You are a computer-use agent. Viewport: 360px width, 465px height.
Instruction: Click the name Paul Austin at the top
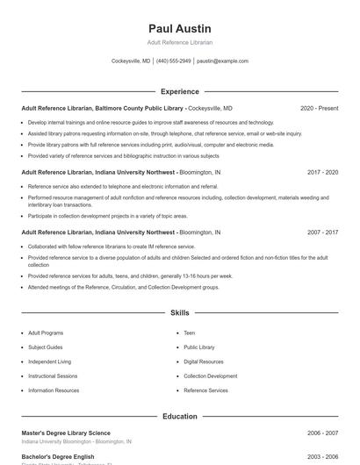pyautogui.click(x=180, y=28)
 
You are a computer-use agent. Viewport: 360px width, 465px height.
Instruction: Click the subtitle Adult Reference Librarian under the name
pyautogui.click(x=180, y=42)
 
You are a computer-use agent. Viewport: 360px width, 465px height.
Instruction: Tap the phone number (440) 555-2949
pyautogui.click(x=174, y=61)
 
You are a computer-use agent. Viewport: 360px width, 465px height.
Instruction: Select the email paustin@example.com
pyautogui.click(x=222, y=61)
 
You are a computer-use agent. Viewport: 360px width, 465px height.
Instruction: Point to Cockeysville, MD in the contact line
pyautogui.click(x=131, y=61)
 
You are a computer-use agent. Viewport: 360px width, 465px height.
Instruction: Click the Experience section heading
pyautogui.click(x=180, y=91)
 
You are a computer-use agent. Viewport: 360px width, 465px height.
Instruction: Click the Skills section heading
pyautogui.click(x=180, y=312)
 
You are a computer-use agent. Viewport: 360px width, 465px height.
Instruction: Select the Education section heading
pyautogui.click(x=180, y=417)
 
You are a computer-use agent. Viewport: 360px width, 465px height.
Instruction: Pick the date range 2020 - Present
pyautogui.click(x=319, y=109)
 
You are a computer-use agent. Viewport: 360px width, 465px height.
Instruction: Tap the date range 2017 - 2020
pyautogui.click(x=322, y=173)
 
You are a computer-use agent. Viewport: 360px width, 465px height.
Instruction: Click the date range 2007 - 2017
pyautogui.click(x=322, y=232)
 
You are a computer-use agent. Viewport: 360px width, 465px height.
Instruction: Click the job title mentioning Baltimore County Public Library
pyautogui.click(x=102, y=109)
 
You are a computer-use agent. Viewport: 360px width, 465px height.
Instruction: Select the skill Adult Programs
pyautogui.click(x=46, y=333)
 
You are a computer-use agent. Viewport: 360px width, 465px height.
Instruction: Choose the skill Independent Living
pyautogui.click(x=49, y=361)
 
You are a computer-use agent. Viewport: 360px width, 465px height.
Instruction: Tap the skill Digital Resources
pyautogui.click(x=203, y=361)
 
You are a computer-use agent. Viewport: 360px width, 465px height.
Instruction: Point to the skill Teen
pyautogui.click(x=189, y=333)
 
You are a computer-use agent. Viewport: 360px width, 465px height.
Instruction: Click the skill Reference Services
pyautogui.click(x=205, y=390)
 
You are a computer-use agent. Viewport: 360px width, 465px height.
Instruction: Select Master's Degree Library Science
pyautogui.click(x=66, y=433)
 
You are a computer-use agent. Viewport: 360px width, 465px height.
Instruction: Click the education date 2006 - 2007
pyautogui.click(x=322, y=433)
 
